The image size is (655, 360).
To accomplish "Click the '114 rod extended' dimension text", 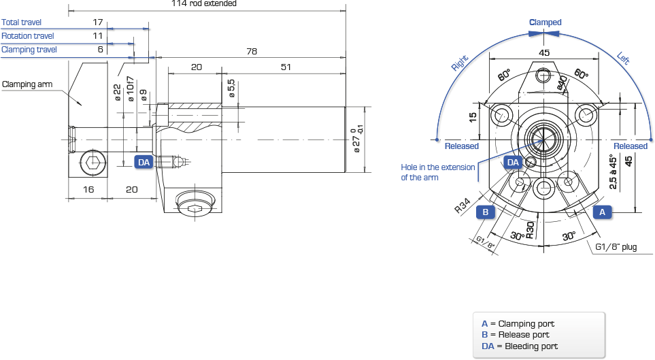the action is pyautogui.click(x=204, y=3).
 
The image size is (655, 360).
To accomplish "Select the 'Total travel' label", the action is pyautogui.click(x=21, y=22).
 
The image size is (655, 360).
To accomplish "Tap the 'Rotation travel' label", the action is pyautogui.click(x=28, y=36).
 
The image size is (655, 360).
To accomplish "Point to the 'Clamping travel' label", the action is pyautogui.click(x=29, y=50).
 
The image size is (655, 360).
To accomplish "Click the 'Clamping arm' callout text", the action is pyautogui.click(x=27, y=84).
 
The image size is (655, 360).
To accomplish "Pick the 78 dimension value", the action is pyautogui.click(x=252, y=51).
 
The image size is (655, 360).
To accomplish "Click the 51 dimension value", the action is pyautogui.click(x=286, y=67).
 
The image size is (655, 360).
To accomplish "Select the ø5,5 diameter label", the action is pyautogui.click(x=231, y=88).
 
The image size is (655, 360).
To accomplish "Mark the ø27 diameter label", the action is pyautogui.click(x=356, y=140).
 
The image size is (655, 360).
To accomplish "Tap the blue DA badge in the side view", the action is pyautogui.click(x=144, y=162).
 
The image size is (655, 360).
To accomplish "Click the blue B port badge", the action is pyautogui.click(x=486, y=212).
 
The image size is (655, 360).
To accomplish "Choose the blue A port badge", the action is pyautogui.click(x=602, y=212).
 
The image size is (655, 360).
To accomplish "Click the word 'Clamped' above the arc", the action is pyautogui.click(x=545, y=22).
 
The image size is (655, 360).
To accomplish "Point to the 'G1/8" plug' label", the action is pyautogui.click(x=616, y=246).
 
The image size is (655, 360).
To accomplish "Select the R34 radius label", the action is pyautogui.click(x=463, y=206).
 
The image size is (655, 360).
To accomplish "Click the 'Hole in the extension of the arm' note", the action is pyautogui.click(x=438, y=172).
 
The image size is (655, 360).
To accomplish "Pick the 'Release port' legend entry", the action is pyautogui.click(x=516, y=335).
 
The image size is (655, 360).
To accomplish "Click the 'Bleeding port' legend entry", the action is pyautogui.click(x=520, y=346).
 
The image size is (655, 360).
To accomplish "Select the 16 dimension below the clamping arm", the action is pyautogui.click(x=88, y=189).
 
